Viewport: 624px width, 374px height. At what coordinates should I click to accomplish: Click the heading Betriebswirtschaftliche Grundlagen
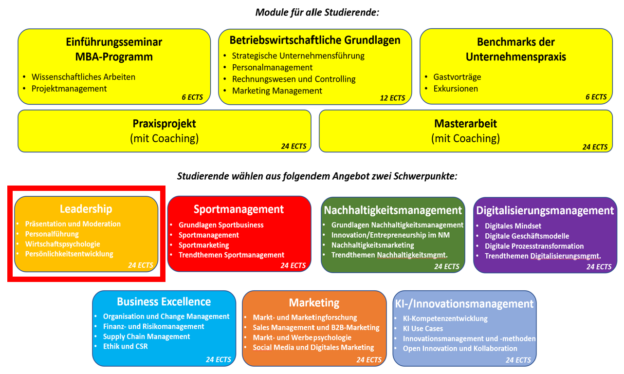(315, 40)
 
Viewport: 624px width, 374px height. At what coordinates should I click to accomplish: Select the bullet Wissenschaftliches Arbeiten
(83, 77)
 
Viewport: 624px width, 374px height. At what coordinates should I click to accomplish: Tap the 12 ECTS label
(392, 98)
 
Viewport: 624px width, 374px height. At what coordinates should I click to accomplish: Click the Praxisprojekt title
(164, 124)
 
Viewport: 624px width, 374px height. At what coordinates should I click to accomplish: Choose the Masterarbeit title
(465, 124)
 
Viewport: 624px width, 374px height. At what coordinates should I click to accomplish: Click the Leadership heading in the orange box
(86, 209)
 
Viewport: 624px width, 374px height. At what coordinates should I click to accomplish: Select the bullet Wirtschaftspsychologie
(62, 244)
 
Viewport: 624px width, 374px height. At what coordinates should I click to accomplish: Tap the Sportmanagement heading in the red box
(239, 209)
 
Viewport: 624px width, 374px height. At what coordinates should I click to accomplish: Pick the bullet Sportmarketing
(203, 245)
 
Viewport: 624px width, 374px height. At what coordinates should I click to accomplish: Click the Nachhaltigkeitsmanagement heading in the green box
(393, 210)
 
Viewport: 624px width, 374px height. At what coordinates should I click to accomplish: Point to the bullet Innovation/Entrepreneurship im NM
(390, 235)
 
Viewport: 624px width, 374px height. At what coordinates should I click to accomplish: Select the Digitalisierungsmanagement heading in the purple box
(545, 211)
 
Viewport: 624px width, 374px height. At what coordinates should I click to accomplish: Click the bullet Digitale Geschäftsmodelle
(527, 236)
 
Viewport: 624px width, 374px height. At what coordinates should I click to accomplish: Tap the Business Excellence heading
(164, 301)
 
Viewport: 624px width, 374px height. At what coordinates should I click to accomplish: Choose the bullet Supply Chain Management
(147, 337)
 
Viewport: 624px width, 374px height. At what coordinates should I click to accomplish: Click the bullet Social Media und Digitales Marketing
(313, 348)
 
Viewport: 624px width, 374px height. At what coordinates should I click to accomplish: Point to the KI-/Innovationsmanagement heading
(464, 304)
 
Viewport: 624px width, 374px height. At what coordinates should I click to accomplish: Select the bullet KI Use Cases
(422, 329)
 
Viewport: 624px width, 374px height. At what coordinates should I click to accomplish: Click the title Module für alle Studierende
(317, 12)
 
